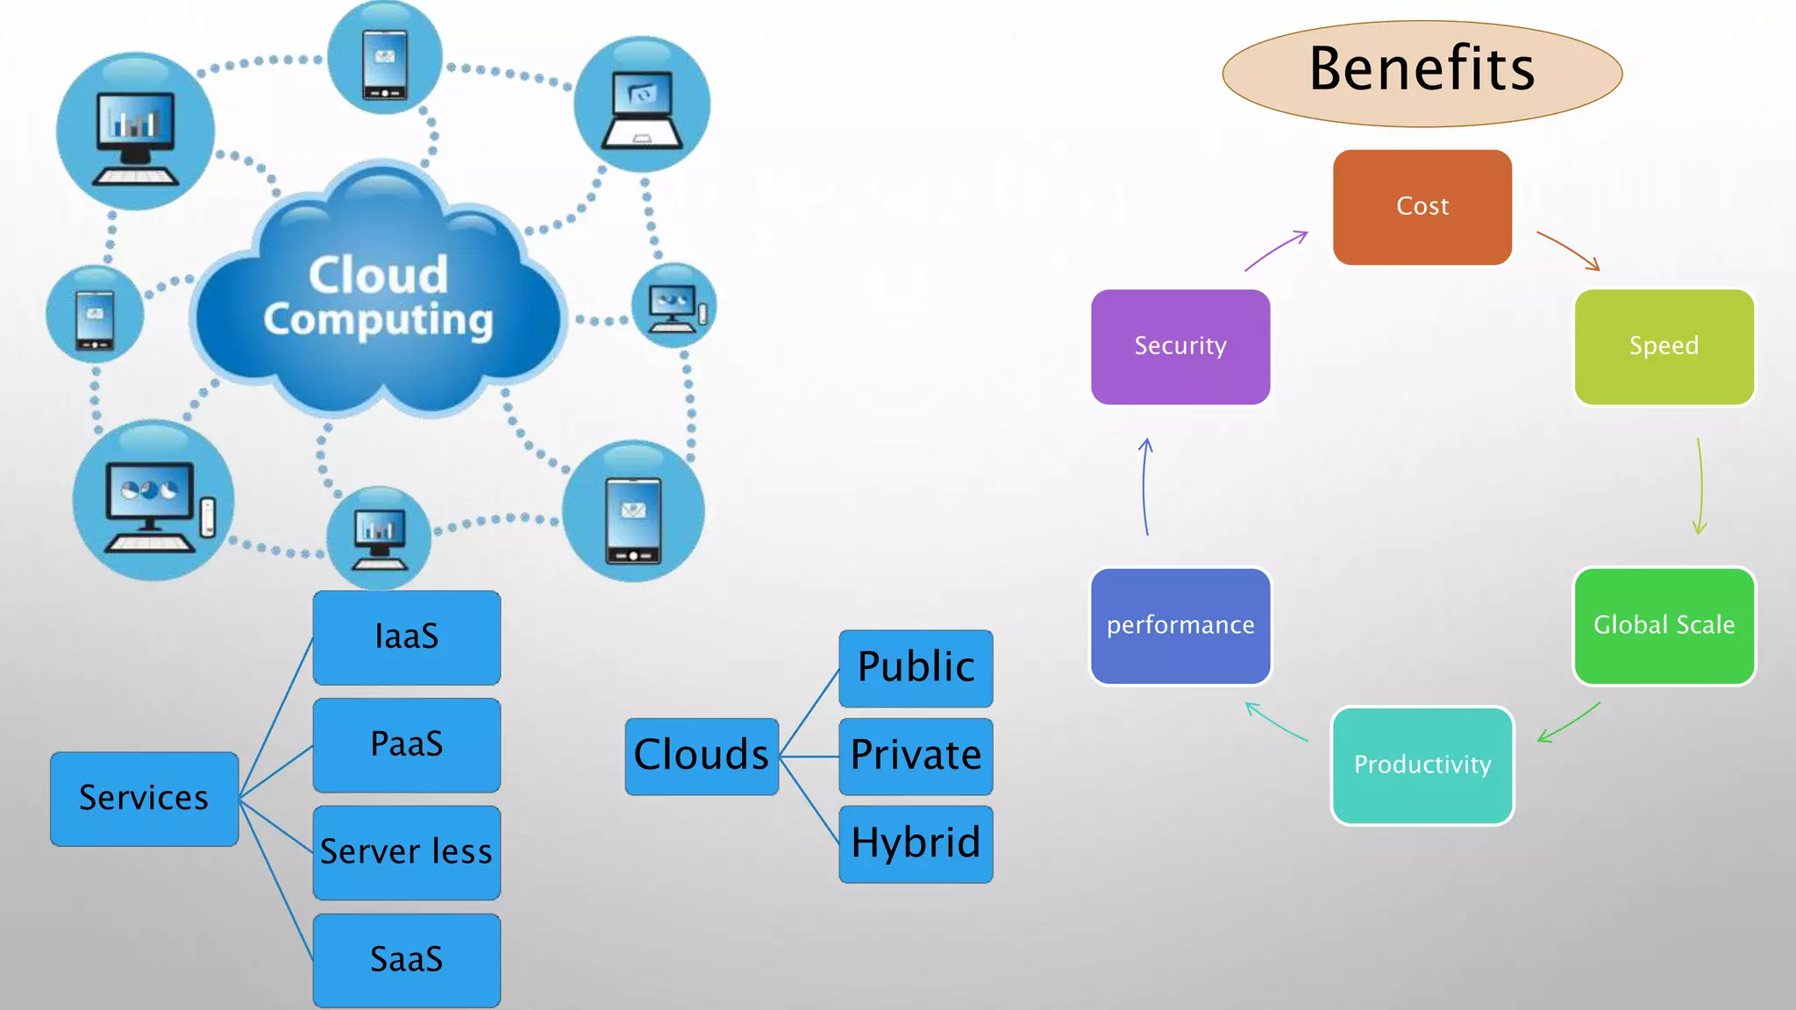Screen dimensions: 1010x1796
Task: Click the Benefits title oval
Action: tap(1422, 73)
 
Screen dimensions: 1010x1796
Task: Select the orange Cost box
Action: tap(1422, 207)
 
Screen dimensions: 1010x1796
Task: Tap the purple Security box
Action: tap(1180, 346)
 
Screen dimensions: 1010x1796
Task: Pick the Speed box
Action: tap(1664, 346)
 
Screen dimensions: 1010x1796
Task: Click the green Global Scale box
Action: tap(1664, 625)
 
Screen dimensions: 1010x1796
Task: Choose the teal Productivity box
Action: tap(1422, 765)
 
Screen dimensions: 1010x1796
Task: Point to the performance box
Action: tap(1180, 625)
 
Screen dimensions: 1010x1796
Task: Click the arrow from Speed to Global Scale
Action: tap(1700, 487)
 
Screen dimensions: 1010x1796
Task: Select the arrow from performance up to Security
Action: tap(1144, 487)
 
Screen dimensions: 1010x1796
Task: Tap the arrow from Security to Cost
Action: tap(1276, 251)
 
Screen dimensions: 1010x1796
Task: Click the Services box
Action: tap(144, 798)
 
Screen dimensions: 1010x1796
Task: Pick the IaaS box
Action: tap(406, 637)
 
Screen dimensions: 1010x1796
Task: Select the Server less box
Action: tap(406, 852)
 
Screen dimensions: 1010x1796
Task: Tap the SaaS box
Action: tap(406, 959)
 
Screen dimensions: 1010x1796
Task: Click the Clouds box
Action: tap(702, 756)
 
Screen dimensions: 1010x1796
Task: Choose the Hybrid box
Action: tap(916, 843)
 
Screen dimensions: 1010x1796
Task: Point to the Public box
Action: tap(916, 667)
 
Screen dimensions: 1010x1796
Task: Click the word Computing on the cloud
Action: tap(378, 320)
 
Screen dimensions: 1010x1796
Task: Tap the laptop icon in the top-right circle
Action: tap(642, 110)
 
